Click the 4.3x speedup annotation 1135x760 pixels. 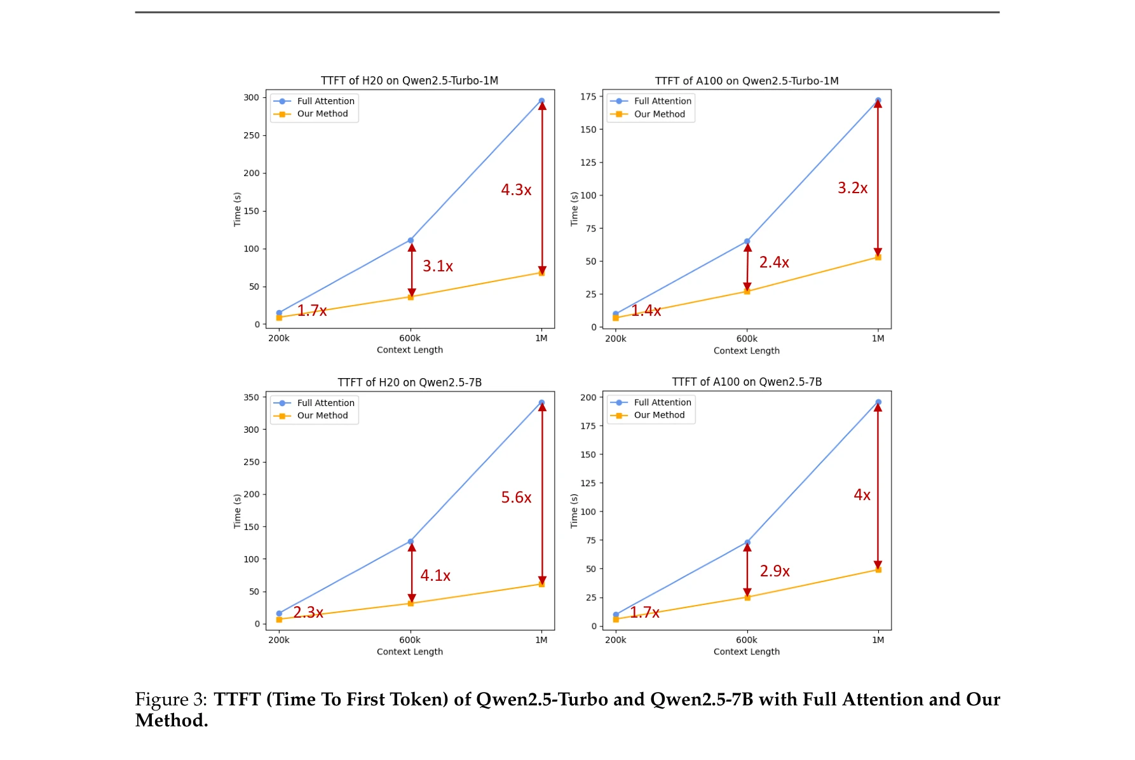click(516, 189)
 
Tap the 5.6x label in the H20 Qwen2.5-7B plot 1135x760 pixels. click(516, 497)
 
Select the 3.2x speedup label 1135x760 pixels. click(852, 188)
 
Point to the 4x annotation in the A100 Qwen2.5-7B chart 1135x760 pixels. click(862, 494)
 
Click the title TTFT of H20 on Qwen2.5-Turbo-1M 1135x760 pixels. click(409, 81)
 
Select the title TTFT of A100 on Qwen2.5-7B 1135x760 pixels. click(747, 382)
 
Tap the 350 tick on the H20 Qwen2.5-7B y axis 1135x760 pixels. click(251, 397)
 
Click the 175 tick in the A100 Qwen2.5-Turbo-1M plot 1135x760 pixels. click(588, 97)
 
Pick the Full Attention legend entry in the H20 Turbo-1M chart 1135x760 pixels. click(325, 101)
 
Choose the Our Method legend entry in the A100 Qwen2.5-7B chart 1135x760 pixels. click(659, 415)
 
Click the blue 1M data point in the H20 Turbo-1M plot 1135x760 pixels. click(541, 101)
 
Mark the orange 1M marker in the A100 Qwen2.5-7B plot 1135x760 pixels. click(878, 569)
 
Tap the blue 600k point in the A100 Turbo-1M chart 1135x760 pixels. click(747, 241)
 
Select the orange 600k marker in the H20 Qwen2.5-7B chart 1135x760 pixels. click(411, 603)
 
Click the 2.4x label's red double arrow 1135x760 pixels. click(747, 267)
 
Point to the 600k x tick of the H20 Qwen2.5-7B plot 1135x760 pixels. click(410, 640)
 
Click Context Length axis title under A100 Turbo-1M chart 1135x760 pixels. click(746, 351)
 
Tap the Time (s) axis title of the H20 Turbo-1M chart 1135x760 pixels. click(237, 209)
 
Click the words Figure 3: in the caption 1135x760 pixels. click(171, 700)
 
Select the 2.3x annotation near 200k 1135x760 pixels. click(308, 612)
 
